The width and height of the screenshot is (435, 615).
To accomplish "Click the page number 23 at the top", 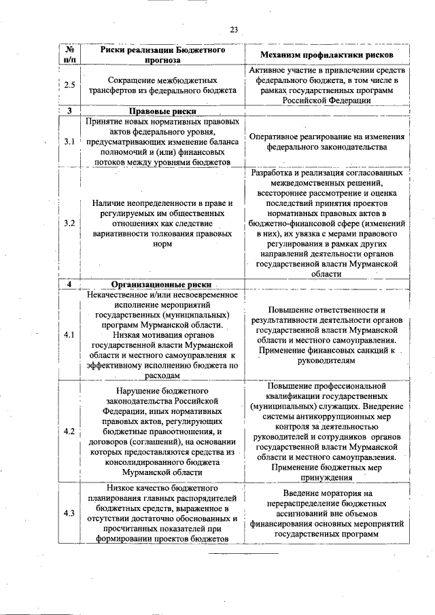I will pos(234,29).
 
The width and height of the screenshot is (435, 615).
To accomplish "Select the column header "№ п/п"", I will pos(69,55).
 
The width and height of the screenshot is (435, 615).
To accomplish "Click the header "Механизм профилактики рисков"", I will pos(326,54).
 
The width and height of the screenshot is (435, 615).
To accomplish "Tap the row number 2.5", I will pos(69,85).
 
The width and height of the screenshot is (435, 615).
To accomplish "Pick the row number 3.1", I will pos(69,142).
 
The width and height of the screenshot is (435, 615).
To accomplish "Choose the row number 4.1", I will pos(69,334).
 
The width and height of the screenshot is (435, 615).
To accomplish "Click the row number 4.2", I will pos(69,431).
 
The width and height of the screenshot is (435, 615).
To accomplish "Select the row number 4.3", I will pos(69,513).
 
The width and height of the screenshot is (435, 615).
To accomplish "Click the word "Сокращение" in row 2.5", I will pos(133,80).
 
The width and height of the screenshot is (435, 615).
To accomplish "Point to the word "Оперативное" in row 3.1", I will pos(279,137).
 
